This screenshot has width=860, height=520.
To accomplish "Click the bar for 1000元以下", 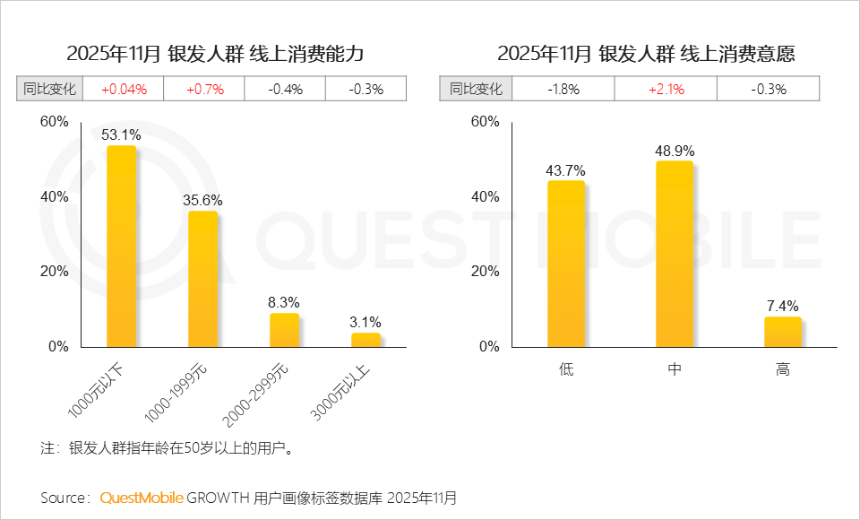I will click(121, 247).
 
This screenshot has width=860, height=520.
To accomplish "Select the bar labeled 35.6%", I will click(202, 279).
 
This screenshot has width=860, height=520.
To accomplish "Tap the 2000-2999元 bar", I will click(284, 330).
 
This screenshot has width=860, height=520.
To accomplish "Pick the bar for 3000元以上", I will click(365, 339).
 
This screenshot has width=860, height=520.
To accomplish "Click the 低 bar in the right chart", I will click(565, 264).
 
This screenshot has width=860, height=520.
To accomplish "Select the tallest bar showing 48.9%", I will click(674, 254).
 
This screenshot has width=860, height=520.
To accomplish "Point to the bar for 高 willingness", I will click(782, 332).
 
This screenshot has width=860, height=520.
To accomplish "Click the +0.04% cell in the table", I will click(123, 89).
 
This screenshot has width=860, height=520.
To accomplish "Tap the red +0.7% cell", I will click(204, 89).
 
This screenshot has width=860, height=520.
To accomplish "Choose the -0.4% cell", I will click(285, 89).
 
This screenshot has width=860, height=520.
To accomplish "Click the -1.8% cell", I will click(563, 89).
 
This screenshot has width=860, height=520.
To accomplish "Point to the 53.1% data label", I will click(121, 135).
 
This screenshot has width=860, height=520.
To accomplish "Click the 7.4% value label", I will click(782, 306).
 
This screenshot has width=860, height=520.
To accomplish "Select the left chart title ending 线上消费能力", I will click(215, 53).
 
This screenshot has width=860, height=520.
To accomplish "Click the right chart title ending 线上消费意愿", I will click(645, 53).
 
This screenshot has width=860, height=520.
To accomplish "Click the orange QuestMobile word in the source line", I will click(142, 497).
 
